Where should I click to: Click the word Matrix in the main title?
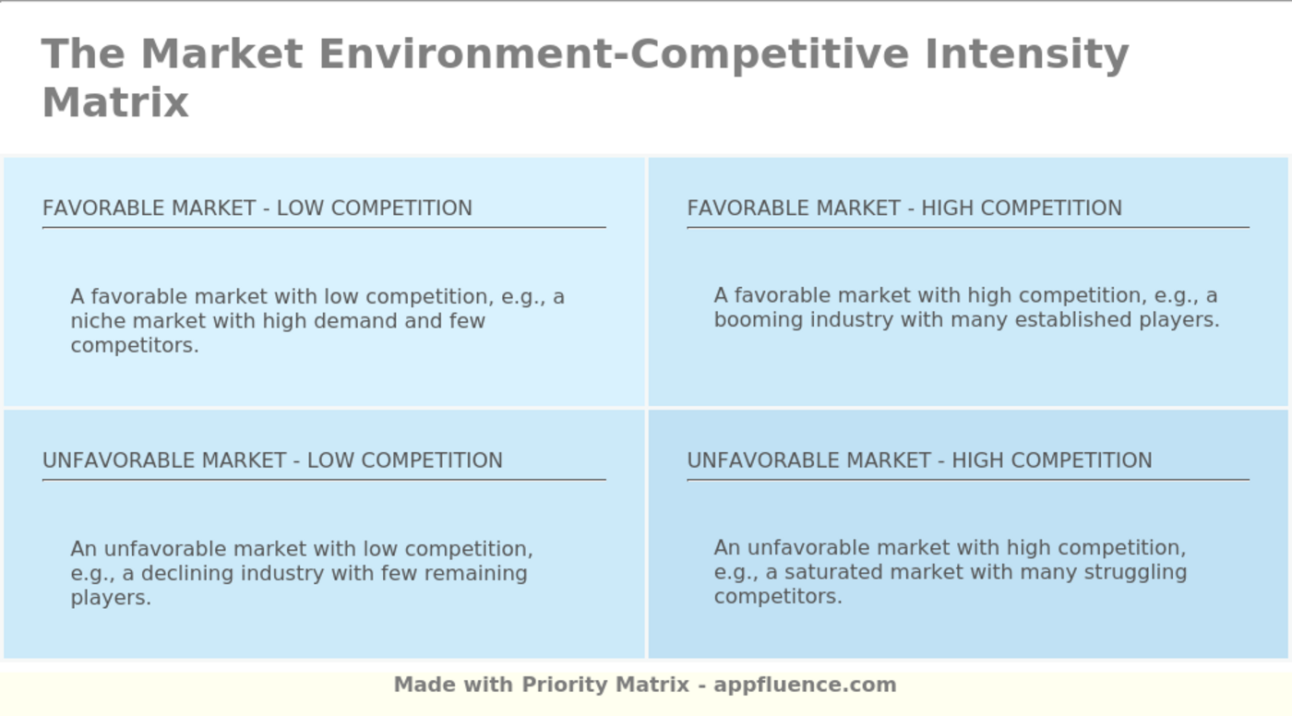pos(115,102)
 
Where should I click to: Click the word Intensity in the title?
pos(1026,54)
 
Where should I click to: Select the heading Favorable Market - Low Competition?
pos(257,209)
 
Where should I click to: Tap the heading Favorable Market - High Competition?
pos(904,209)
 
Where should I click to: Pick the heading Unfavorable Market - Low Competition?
pos(272,460)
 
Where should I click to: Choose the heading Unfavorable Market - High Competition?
pos(919,460)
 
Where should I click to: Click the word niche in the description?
pos(99,321)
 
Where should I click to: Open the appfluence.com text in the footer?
pos(805,685)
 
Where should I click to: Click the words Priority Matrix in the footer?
pos(605,685)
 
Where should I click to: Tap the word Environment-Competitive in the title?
pos(614,54)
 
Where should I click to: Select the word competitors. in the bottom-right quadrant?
pos(778,597)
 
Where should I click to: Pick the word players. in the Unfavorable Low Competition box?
pos(111,598)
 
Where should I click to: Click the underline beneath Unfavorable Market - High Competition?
pos(967,480)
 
